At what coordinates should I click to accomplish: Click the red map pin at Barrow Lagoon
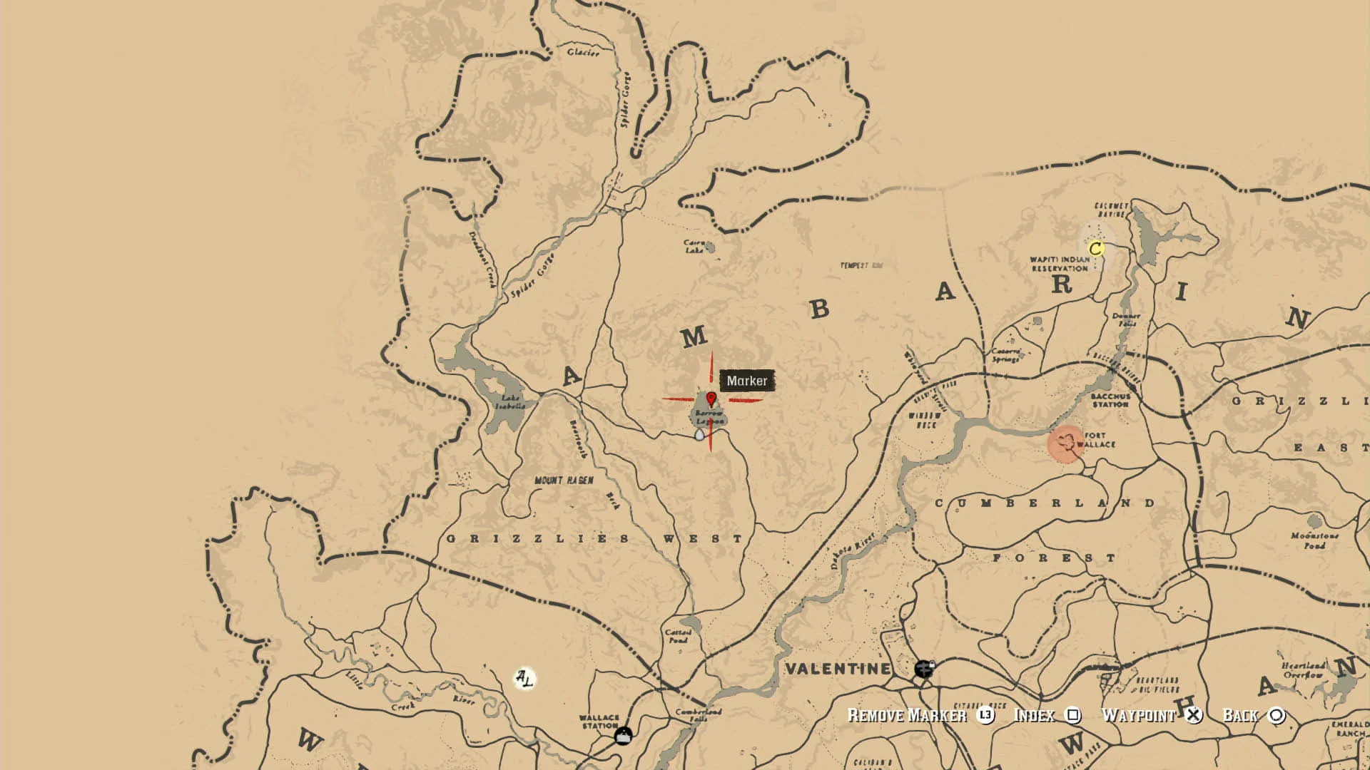(711, 399)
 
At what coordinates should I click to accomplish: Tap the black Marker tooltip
(746, 381)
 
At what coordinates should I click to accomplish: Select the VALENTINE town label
(838, 669)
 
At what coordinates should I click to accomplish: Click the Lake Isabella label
(510, 402)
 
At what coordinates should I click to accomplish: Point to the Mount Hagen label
(564, 481)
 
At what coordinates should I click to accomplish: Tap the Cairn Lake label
(694, 247)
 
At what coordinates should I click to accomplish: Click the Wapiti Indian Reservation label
(1059, 264)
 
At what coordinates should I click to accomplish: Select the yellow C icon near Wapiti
(1096, 248)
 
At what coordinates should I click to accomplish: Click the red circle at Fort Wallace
(1066, 444)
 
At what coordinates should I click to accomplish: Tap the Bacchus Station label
(1110, 400)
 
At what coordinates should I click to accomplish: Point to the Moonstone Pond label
(1314, 540)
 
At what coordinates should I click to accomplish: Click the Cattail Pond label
(678, 636)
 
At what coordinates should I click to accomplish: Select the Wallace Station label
(599, 722)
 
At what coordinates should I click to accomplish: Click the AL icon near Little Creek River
(524, 678)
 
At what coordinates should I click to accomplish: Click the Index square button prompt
(1073, 715)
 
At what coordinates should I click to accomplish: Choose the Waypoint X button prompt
(1193, 715)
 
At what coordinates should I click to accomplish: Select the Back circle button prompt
(1277, 715)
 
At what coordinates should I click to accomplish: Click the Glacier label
(583, 52)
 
